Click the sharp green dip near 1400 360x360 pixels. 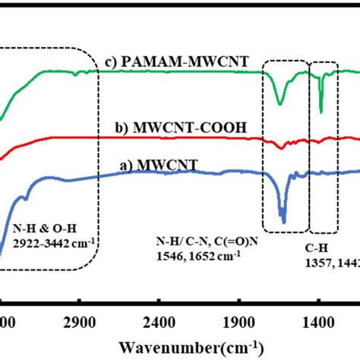tap(321, 111)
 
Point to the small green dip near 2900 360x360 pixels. tap(75, 74)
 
